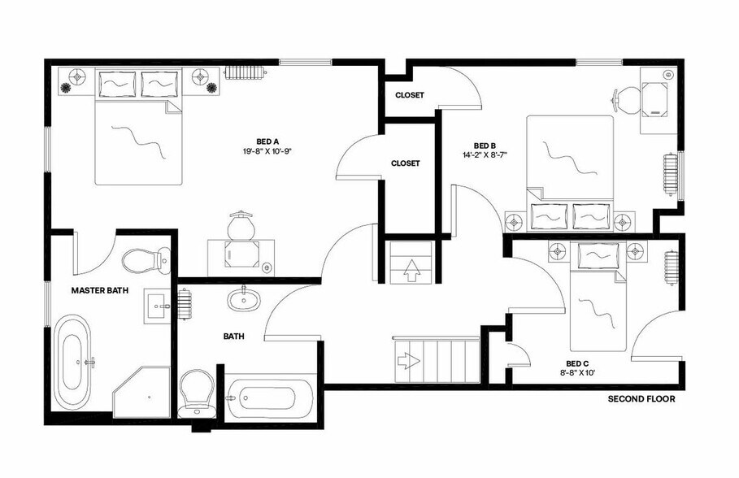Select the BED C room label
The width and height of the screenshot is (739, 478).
point(577,363)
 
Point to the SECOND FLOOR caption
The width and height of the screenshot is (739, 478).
point(641,400)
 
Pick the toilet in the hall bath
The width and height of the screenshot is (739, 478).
point(196,391)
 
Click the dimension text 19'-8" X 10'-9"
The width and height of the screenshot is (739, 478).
point(267,151)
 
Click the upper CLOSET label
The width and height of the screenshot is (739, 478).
point(409,95)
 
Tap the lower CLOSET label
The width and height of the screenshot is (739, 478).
point(406,163)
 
